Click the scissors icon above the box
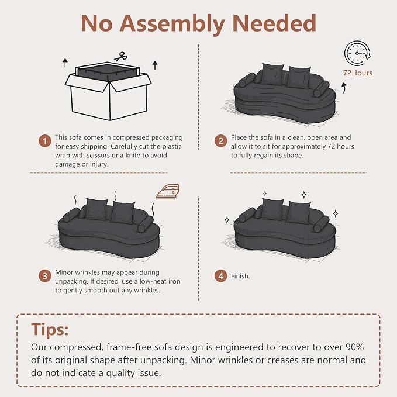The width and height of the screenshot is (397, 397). tap(120, 57)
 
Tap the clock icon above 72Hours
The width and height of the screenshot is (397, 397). tap(357, 53)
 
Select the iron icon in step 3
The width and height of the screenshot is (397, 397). tap(168, 192)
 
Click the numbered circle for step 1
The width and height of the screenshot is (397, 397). tap(45, 141)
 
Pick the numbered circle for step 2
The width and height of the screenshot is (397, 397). tap(220, 141)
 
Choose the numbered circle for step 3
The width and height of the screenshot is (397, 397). tap(45, 276)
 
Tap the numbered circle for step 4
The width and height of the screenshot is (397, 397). tap(220, 276)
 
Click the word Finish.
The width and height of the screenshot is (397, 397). tap(240, 276)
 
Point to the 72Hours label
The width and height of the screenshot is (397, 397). tap(358, 73)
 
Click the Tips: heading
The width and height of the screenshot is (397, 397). tap(50, 329)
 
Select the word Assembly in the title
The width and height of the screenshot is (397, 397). tap(172, 23)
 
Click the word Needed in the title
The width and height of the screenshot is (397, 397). tap(274, 23)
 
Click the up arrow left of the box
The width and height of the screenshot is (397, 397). tap(65, 63)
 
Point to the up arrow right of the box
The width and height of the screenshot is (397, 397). tap(155, 65)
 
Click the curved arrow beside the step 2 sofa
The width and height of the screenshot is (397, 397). tap(344, 88)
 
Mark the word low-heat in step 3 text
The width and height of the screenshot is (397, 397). tap(138, 281)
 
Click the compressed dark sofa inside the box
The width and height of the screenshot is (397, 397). tap(108, 72)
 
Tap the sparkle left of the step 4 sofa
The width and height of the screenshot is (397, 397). tap(227, 220)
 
